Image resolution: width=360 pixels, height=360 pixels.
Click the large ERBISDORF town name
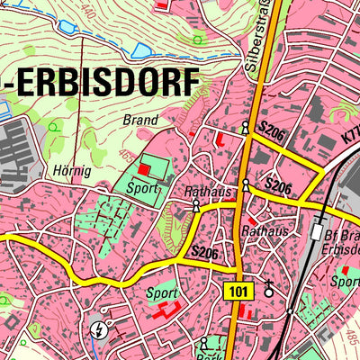[x=101, y=83]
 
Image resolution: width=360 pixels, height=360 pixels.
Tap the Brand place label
[x=139, y=119]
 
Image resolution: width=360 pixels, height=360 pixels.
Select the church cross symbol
[x=268, y=289]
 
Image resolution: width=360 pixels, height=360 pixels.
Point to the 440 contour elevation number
[x=87, y=11]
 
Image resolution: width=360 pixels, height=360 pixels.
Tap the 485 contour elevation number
[x=350, y=337]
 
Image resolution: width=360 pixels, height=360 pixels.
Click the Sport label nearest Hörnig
[x=142, y=189]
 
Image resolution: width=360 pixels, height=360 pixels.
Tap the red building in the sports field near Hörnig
[x=146, y=169]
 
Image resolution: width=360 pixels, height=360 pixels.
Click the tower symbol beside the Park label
[x=205, y=343]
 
